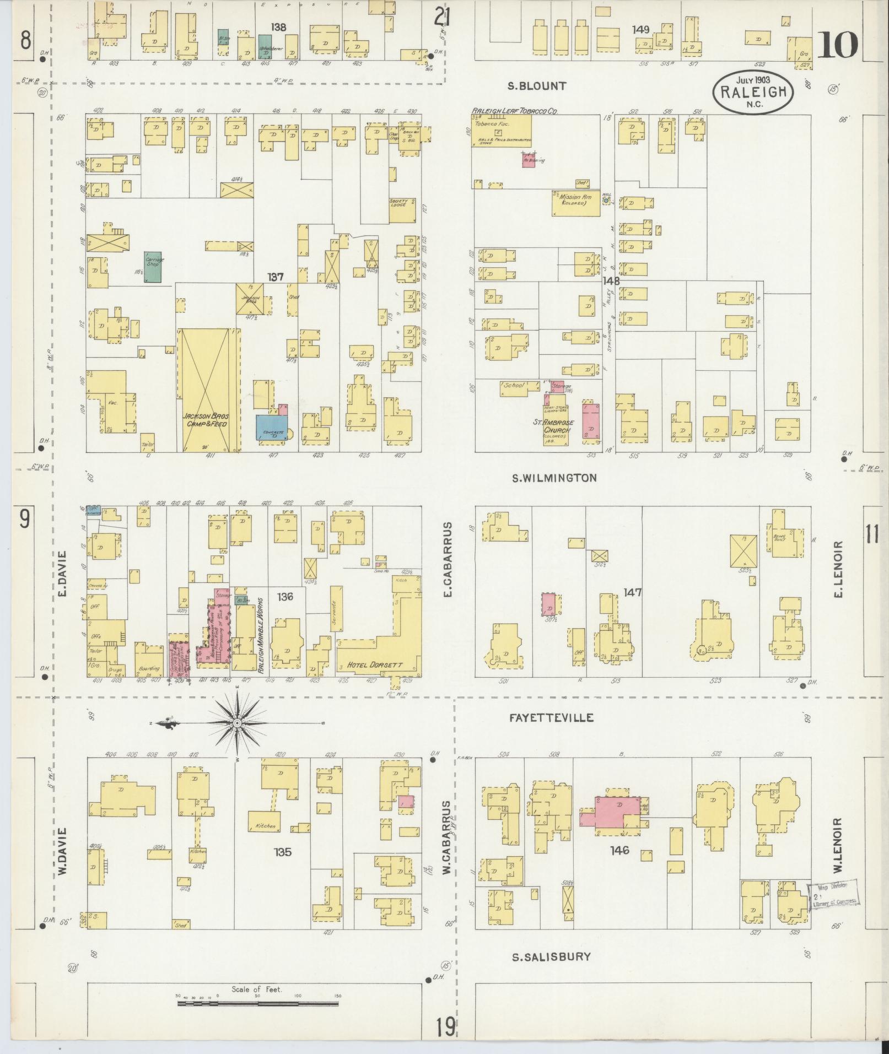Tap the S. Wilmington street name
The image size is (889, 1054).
pyautogui.click(x=554, y=478)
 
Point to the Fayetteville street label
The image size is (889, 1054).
pyautogui.click(x=551, y=717)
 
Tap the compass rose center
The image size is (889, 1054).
pyautogui.click(x=237, y=722)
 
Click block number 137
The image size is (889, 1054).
pyautogui.click(x=275, y=277)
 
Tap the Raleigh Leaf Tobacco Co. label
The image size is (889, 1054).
pyautogui.click(x=515, y=111)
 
